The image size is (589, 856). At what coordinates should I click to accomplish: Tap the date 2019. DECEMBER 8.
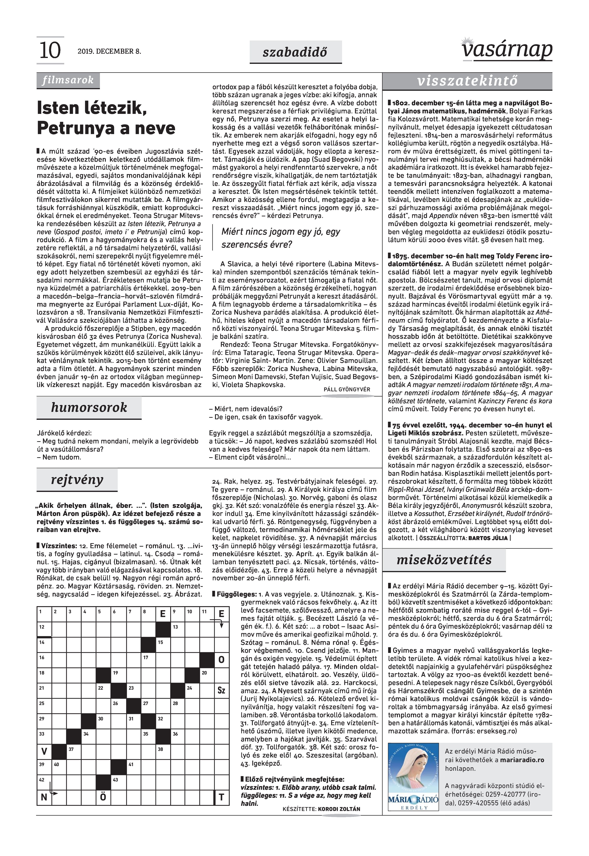point(109,51)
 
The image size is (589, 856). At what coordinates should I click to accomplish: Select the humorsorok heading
point(89,407)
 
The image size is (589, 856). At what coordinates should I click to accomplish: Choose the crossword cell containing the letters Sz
point(221,690)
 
